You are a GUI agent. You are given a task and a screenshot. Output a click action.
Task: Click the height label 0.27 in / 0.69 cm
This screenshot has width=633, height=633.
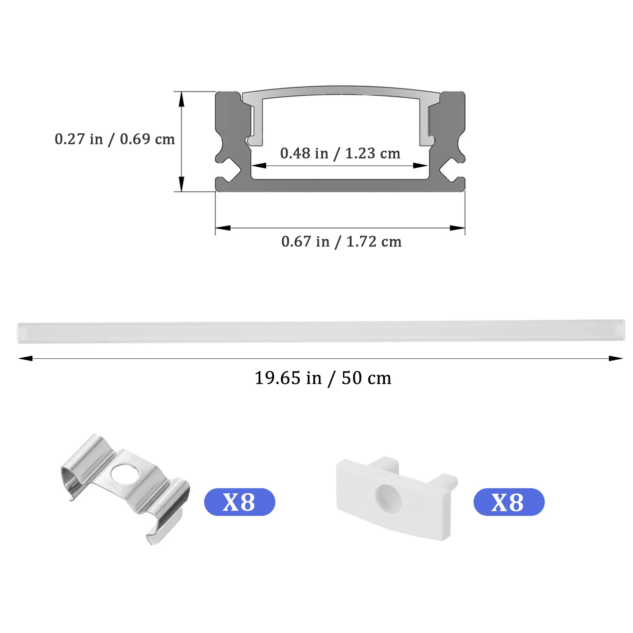click(x=115, y=139)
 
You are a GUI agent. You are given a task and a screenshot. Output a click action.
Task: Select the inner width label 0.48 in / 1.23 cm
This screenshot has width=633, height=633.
click(x=340, y=154)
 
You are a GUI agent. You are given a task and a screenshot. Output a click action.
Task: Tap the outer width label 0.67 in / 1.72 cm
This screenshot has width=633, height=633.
click(x=341, y=242)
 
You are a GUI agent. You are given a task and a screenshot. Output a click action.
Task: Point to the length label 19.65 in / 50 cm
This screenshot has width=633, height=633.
click(x=323, y=378)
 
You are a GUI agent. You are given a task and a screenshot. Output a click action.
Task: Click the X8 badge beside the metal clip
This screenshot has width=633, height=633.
click(x=239, y=502)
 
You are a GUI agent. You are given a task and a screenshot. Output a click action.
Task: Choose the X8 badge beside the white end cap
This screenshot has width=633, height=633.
click(x=509, y=502)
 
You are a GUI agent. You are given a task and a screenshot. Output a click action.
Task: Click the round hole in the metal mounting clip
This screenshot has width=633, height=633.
click(x=125, y=474)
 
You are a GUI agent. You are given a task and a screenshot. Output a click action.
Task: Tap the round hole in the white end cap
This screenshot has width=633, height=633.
click(x=388, y=498)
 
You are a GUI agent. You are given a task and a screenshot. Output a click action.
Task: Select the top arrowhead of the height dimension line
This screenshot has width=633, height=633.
click(x=182, y=100)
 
